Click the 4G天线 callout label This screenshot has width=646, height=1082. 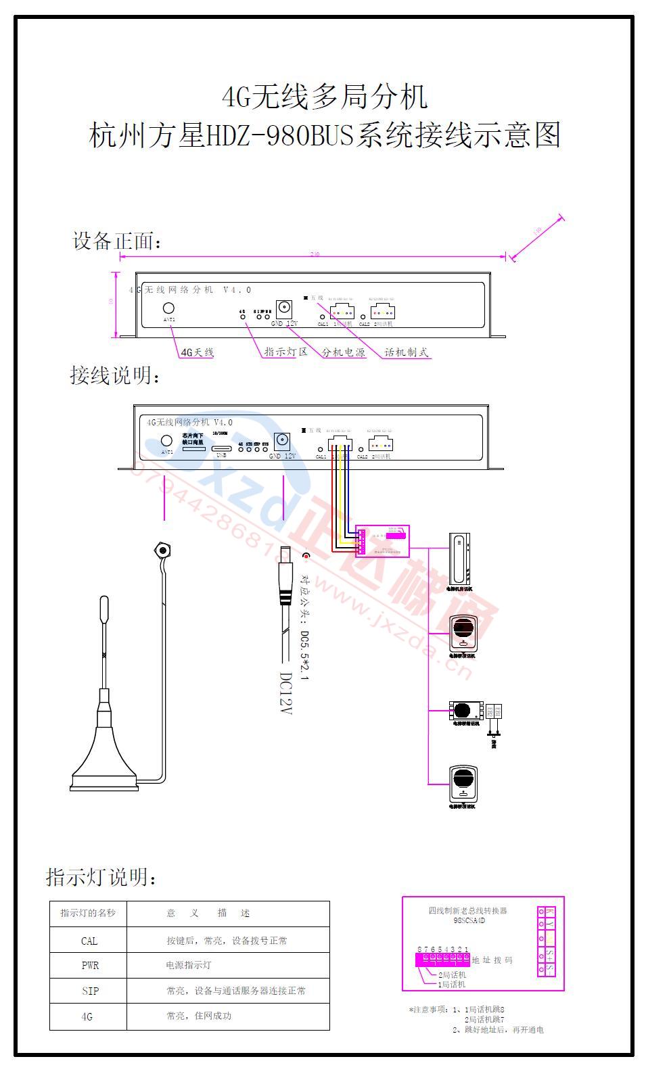click(x=196, y=352)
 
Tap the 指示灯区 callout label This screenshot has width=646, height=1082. click(x=285, y=352)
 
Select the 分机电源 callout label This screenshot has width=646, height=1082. click(x=343, y=352)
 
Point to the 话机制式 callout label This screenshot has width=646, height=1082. click(x=406, y=352)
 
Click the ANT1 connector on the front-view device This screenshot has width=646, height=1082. click(x=168, y=308)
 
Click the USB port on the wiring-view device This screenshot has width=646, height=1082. click(x=221, y=448)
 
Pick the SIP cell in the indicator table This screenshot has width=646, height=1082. click(x=90, y=991)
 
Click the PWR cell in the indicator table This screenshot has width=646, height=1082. click(x=90, y=966)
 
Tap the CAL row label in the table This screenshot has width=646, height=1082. click(x=89, y=941)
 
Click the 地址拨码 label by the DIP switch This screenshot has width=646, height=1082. click(x=492, y=960)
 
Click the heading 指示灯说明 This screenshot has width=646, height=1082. click(x=102, y=878)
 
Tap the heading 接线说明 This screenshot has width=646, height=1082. click(x=116, y=375)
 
